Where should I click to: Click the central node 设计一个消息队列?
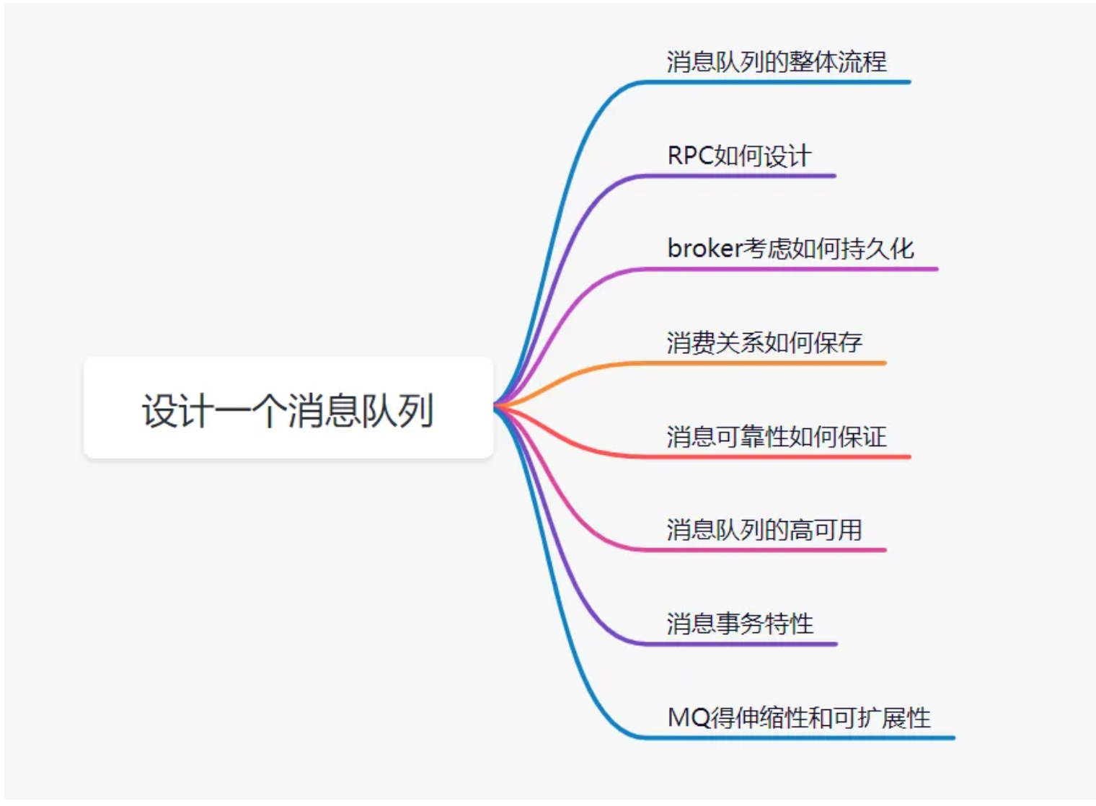coord(288,409)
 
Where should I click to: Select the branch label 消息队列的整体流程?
coord(776,62)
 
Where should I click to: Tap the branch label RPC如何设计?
coord(739,156)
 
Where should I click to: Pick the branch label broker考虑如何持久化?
coord(790,249)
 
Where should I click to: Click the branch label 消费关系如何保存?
coord(764,342)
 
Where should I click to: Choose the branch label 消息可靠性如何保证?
coord(776,436)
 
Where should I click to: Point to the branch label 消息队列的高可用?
coord(764,530)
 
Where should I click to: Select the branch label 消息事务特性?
coord(740,624)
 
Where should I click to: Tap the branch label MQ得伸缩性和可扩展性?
coord(799,717)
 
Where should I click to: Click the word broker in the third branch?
coord(704,249)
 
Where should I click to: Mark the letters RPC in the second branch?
coord(690,156)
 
